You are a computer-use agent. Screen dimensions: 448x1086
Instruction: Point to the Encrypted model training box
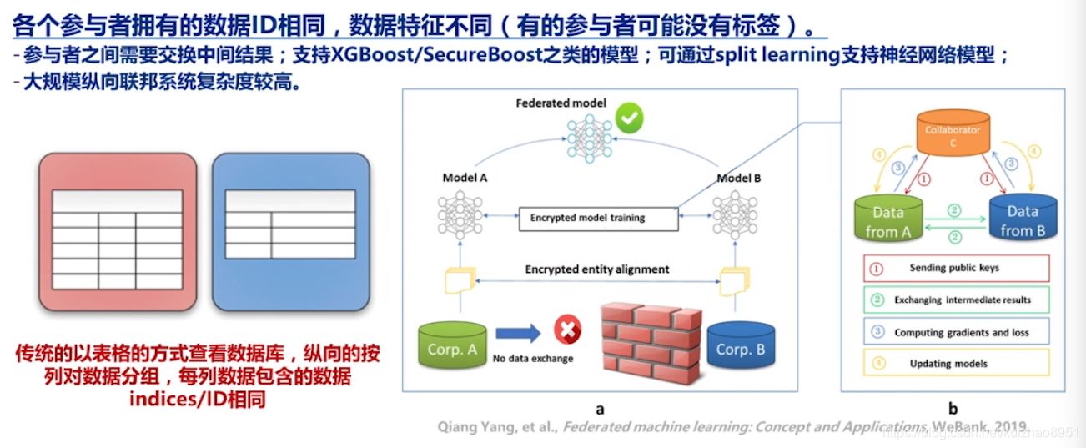[x=587, y=218]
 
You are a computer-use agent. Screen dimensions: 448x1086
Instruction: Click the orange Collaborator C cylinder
[x=952, y=136]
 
